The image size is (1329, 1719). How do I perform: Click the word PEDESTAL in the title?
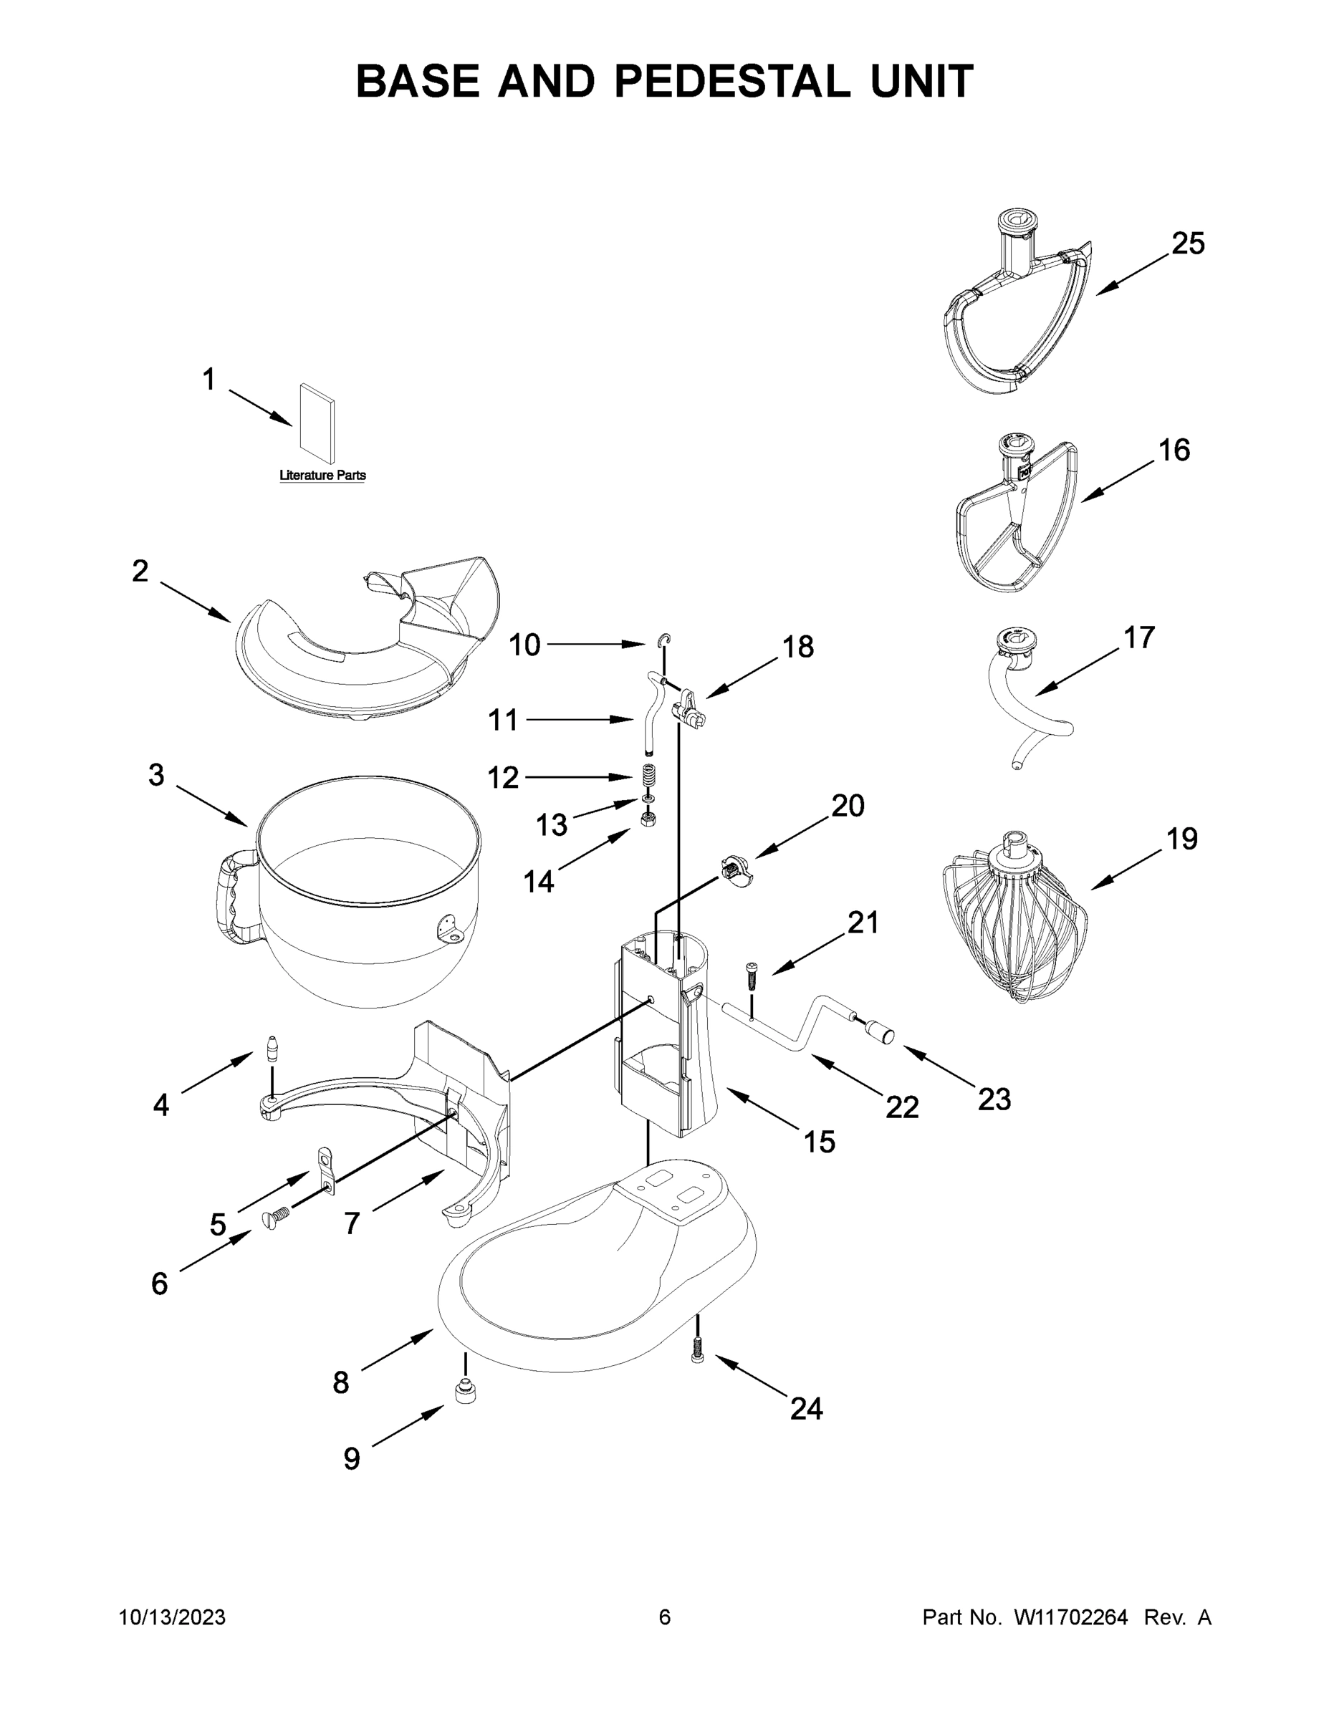tap(732, 81)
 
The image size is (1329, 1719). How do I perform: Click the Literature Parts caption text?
tap(323, 476)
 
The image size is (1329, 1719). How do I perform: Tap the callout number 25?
tap(1187, 244)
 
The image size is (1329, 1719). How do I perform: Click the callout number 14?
tap(539, 882)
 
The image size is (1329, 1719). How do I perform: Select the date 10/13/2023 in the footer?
tap(173, 1617)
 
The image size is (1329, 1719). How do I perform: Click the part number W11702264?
tap(1071, 1617)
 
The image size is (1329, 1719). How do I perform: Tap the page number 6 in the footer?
tap(665, 1617)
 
